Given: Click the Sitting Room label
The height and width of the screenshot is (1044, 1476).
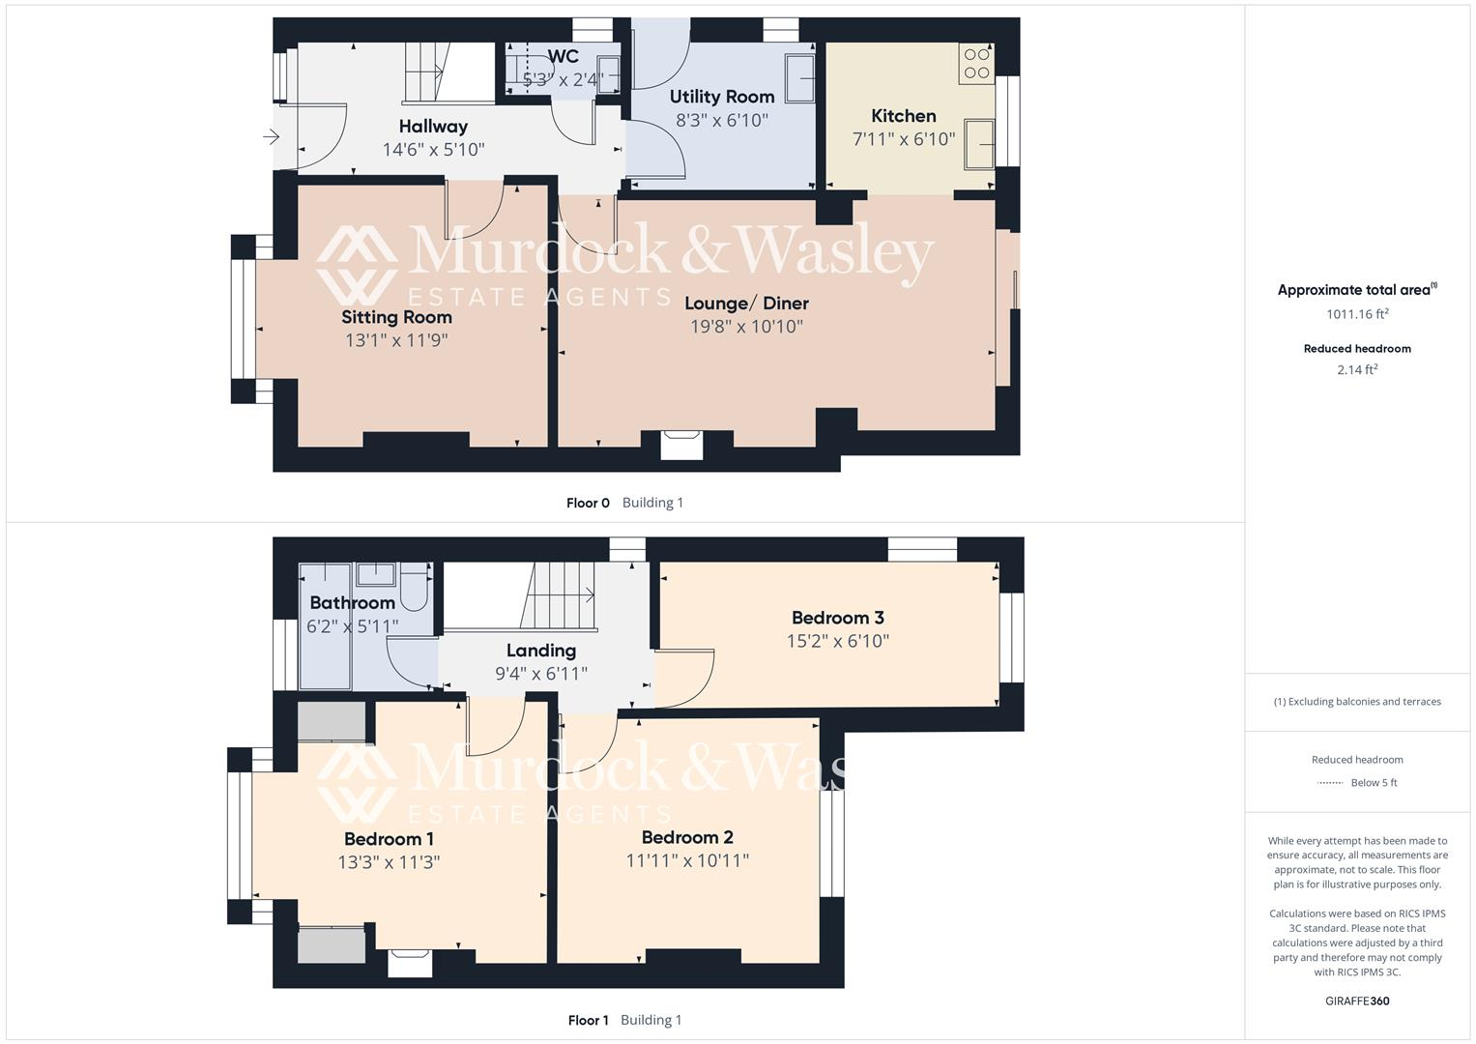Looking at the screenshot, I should click(x=396, y=317).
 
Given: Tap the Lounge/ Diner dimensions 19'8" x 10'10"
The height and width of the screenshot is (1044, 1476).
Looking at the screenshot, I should click(x=746, y=327).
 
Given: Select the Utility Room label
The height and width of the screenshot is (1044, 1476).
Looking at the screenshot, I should click(x=722, y=97).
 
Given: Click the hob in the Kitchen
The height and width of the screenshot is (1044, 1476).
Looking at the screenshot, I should click(x=976, y=63).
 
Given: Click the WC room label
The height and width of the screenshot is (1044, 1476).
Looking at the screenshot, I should click(x=563, y=56).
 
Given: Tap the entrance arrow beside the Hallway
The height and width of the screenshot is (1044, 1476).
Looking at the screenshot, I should click(x=271, y=137).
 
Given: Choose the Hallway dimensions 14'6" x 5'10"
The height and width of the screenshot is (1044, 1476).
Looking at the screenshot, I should click(x=433, y=150).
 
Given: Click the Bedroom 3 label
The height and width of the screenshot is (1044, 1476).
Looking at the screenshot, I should click(x=837, y=618).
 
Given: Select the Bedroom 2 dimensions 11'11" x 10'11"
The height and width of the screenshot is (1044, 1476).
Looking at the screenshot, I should click(x=687, y=860).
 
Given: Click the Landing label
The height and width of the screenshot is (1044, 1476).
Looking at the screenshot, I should click(x=541, y=651).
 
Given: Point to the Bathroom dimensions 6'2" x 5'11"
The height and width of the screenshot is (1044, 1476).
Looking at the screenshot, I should click(x=352, y=626).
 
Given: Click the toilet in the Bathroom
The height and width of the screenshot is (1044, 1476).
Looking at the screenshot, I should click(x=415, y=590).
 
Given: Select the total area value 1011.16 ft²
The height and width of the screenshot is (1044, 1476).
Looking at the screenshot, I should click(x=1357, y=314).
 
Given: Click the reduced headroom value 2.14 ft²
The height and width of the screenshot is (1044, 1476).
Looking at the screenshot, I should click(x=1357, y=369).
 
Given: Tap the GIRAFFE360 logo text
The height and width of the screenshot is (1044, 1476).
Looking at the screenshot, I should click(x=1357, y=1001).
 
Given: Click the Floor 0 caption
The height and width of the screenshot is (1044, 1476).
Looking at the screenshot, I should click(x=588, y=503).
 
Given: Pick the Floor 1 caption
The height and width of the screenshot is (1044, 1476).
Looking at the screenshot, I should click(x=588, y=1020).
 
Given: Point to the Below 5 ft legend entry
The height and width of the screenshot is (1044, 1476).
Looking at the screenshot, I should click(x=1374, y=783).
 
